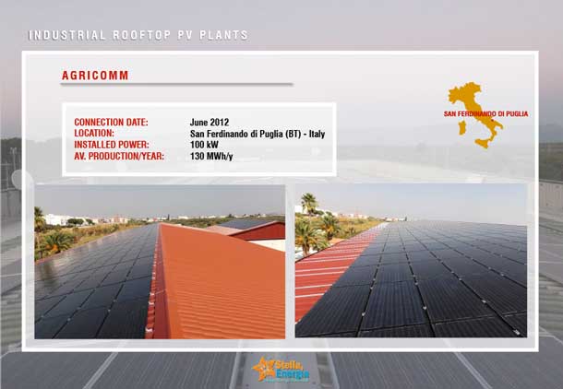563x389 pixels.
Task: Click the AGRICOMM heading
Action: [95, 76]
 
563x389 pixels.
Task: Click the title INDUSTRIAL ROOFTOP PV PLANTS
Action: [138, 35]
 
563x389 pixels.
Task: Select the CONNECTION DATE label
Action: [111, 123]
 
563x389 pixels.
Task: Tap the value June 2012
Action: [210, 123]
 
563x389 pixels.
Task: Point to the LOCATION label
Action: [94, 133]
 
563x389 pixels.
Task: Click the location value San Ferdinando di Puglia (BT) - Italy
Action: [258, 134]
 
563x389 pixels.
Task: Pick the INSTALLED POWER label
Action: [112, 145]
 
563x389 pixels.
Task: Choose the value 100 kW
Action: [204, 145]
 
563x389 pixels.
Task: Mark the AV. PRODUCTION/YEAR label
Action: [119, 156]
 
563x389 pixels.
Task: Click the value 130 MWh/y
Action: [211, 157]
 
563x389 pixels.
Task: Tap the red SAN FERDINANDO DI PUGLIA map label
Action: [485, 114]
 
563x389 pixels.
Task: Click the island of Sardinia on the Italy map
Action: [462, 127]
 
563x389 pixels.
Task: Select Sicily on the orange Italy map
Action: [483, 144]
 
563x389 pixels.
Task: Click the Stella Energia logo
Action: [281, 369]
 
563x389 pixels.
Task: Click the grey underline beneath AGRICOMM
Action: [177, 84]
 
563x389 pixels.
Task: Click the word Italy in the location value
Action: [317, 134]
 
